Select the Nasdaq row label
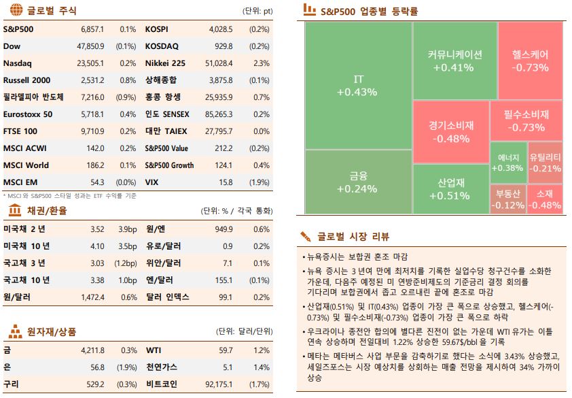pyautogui.click(x=17, y=63)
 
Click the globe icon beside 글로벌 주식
pyautogui.click(x=15, y=10)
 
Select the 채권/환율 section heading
pyautogui.click(x=47, y=212)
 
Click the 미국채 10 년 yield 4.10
pyautogui.click(x=97, y=246)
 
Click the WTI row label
pyautogui.click(x=153, y=350)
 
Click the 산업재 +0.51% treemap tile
pyautogui.click(x=450, y=189)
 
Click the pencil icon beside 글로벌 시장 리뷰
pyautogui.click(x=306, y=236)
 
